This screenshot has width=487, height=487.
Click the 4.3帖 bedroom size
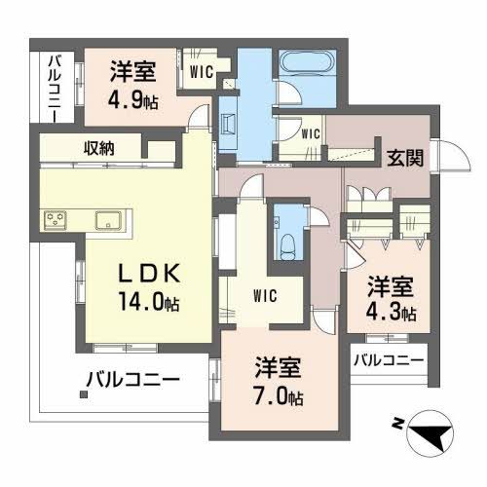(393, 315)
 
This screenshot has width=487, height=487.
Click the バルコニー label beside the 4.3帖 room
(388, 360)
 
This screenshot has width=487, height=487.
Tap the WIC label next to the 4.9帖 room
(203, 71)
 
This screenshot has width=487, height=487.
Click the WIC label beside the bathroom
(310, 133)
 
